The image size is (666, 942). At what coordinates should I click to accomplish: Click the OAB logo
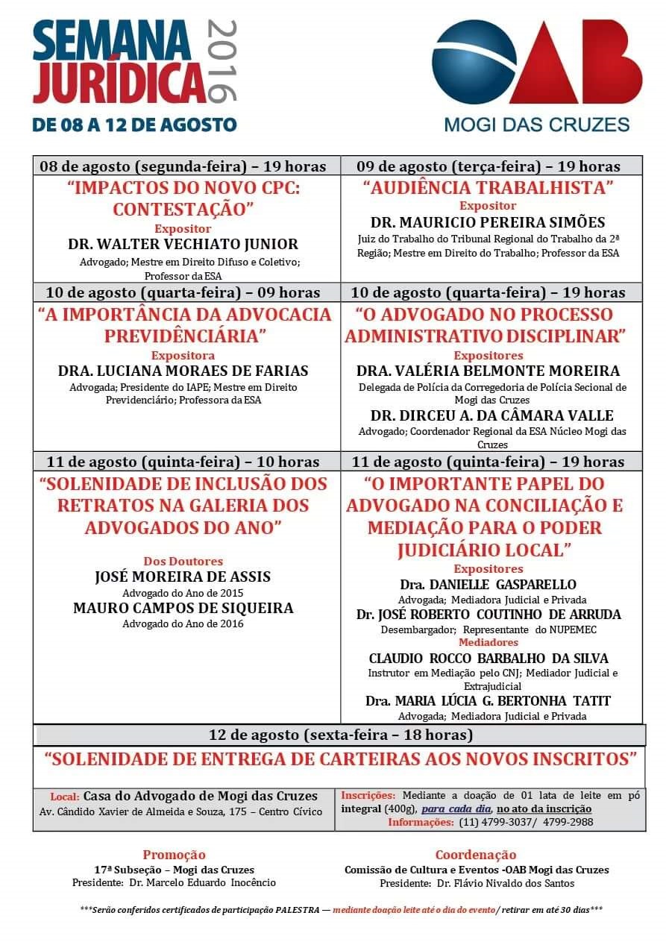536,63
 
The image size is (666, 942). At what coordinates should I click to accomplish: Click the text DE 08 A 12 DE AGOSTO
134,125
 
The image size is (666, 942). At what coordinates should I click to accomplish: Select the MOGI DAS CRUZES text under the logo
537,125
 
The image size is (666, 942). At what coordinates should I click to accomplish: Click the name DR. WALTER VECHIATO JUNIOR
183,244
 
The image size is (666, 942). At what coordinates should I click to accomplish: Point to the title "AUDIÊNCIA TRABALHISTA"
488,186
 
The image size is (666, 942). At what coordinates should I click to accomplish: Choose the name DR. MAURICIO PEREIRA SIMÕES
488,222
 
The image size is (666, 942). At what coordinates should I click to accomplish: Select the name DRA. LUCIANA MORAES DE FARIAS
183,371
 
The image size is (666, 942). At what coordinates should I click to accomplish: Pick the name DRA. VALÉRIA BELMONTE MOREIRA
488,371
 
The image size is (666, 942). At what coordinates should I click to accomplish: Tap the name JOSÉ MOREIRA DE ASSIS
183,577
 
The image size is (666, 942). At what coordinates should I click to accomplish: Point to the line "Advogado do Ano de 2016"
183,624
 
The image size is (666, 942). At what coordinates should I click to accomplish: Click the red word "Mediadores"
488,642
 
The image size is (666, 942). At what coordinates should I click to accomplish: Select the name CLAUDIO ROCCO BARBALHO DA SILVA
488,659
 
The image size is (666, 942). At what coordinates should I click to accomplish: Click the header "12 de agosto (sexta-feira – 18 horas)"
341,735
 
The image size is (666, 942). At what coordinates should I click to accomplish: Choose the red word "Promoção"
174,855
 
